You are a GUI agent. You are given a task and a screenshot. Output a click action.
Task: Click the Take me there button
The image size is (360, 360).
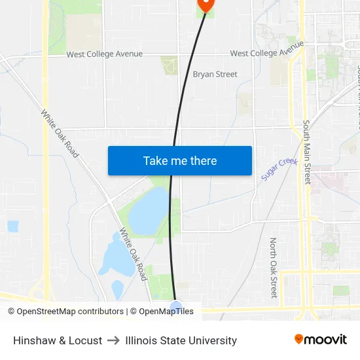tap(180, 160)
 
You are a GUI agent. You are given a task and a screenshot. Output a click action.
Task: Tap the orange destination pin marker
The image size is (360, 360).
tap(206, 4)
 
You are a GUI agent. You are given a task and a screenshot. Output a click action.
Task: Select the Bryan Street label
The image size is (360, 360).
tap(215, 74)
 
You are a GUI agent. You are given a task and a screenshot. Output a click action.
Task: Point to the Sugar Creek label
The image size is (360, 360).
tap(279, 170)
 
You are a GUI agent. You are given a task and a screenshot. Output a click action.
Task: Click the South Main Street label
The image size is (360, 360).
tap(306, 152)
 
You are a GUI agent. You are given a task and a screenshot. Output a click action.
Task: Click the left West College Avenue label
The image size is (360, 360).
tap(104, 54)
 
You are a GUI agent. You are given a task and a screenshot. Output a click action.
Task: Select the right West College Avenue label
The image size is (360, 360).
tap(267, 51)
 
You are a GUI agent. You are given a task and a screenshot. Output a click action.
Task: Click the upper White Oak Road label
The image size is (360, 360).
tap(60, 133)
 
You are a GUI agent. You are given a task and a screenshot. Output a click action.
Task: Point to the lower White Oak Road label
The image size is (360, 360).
tap(133, 254)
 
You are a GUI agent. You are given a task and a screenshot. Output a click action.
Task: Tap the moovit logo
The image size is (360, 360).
tap(321, 340)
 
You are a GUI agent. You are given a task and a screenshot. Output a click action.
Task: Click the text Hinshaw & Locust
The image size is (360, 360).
tap(58, 340)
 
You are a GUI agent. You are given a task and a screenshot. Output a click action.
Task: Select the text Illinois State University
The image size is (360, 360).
tap(181, 340)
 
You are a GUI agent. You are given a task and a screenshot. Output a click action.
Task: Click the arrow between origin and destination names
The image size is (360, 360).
tap(113, 340)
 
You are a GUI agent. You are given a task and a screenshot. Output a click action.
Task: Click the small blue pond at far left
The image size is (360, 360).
tap(12, 226)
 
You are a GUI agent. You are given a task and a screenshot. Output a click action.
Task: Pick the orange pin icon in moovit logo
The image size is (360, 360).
tap(299, 339)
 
